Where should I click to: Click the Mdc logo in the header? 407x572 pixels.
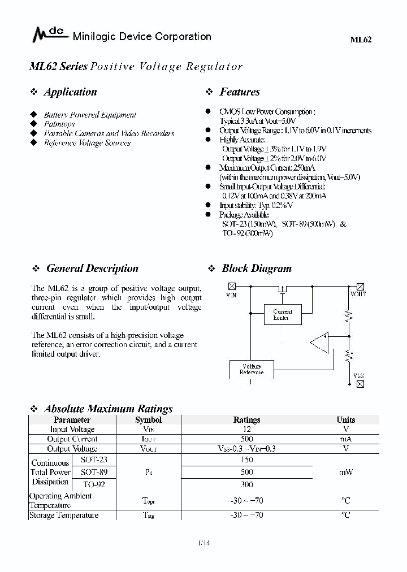[x=49, y=36]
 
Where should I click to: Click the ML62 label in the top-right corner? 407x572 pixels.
[x=361, y=40]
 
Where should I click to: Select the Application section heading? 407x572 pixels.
[x=70, y=92]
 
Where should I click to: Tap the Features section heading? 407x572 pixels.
[x=239, y=92]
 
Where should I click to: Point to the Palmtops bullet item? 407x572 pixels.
[x=59, y=124]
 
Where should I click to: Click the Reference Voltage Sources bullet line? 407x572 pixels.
[x=87, y=143]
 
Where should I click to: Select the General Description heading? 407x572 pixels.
[x=92, y=268]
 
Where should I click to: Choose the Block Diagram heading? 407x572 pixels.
[x=256, y=268]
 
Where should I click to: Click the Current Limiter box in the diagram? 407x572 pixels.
[x=283, y=315]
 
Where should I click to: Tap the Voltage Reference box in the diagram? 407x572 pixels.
[x=251, y=370]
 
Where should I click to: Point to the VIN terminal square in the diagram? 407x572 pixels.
[x=231, y=287]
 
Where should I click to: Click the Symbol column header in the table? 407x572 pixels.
[x=148, y=420]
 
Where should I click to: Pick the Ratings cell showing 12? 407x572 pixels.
[x=246, y=430]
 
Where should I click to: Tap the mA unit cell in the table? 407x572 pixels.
[x=345, y=439]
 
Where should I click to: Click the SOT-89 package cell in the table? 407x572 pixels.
[x=93, y=471]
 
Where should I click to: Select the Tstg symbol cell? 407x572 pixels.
[x=148, y=515]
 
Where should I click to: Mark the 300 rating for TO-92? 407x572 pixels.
[x=246, y=484]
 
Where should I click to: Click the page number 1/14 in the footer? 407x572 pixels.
[x=203, y=544]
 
